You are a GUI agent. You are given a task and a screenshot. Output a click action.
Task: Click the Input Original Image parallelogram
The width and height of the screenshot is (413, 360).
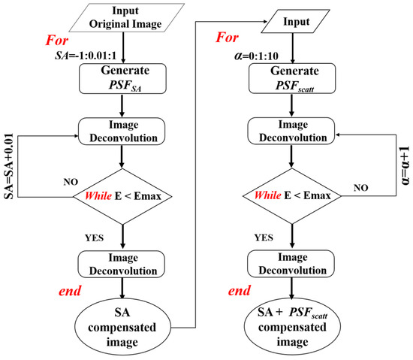(124, 18)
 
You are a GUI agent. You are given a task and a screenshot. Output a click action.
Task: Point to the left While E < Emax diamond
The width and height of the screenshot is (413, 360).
(123, 198)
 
